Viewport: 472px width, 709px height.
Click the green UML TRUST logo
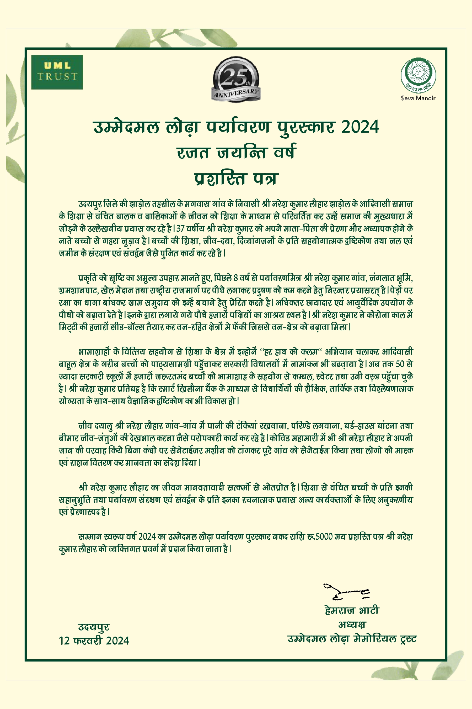coord(57,72)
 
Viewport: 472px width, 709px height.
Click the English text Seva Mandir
coord(418,98)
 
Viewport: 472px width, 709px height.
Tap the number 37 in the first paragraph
coord(180,228)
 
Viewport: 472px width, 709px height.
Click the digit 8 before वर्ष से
coord(236,278)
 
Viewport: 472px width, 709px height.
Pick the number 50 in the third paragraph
coord(400,364)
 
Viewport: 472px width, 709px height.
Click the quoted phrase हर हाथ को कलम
coord(291,352)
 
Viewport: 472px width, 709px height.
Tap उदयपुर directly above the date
coord(94,627)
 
